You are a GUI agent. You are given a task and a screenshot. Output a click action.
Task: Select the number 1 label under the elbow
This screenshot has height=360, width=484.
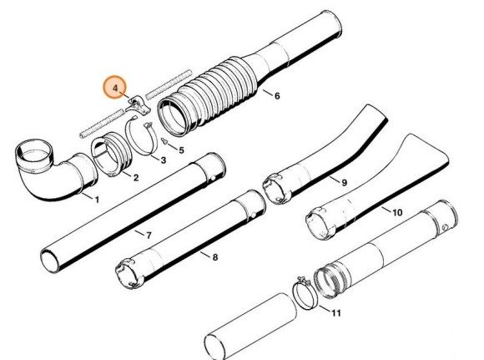[x=96, y=200]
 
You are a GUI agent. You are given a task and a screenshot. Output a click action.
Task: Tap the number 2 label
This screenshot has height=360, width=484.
[x=135, y=178]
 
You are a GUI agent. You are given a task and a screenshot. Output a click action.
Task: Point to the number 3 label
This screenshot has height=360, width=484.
[x=164, y=160]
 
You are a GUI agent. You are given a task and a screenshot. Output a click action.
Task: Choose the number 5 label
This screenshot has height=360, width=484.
[x=181, y=150]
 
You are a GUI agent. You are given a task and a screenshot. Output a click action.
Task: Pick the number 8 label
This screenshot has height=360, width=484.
[x=214, y=258]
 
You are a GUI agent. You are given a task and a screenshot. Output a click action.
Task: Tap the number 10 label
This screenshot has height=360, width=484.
[x=396, y=213]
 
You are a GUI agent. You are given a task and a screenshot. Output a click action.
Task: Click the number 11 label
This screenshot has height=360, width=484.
[x=336, y=313]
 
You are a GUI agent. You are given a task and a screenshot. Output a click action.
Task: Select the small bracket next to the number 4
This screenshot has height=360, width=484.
[x=139, y=106]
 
